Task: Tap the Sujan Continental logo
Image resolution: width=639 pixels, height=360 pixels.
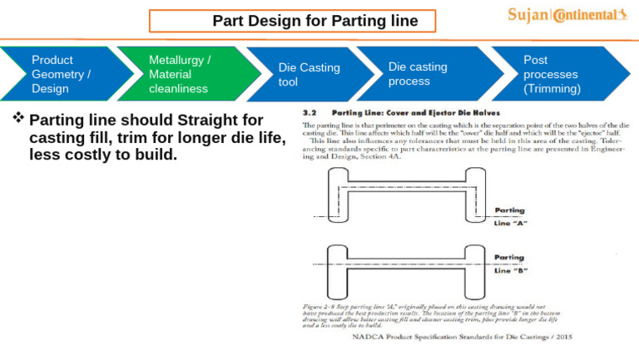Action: tap(567, 15)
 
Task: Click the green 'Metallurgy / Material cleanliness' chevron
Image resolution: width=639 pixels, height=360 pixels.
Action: tap(179, 74)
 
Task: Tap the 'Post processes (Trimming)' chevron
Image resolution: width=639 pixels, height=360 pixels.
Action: tap(550, 74)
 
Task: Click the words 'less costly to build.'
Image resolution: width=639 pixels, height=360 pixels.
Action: tap(103, 155)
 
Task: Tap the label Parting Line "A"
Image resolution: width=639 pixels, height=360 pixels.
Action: tap(510, 216)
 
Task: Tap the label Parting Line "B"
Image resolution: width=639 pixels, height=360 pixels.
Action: tap(510, 264)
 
